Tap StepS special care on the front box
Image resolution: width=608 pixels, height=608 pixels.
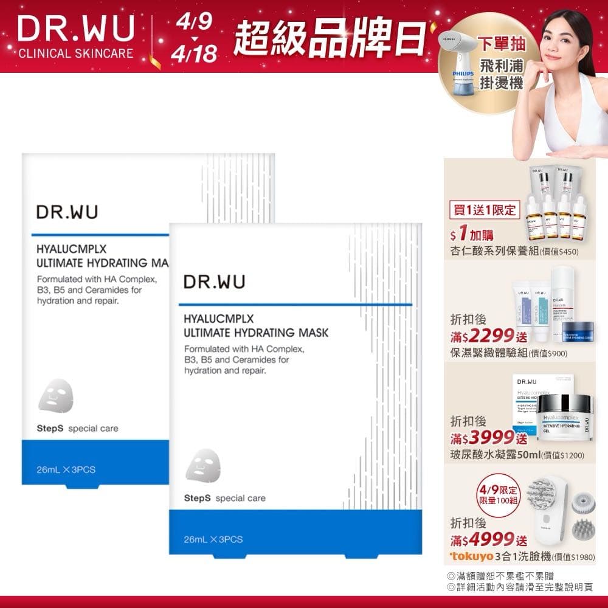click(x=225, y=498)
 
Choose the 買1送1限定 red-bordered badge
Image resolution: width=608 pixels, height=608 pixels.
click(x=483, y=210)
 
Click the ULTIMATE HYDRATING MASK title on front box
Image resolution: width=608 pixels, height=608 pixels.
click(x=255, y=333)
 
